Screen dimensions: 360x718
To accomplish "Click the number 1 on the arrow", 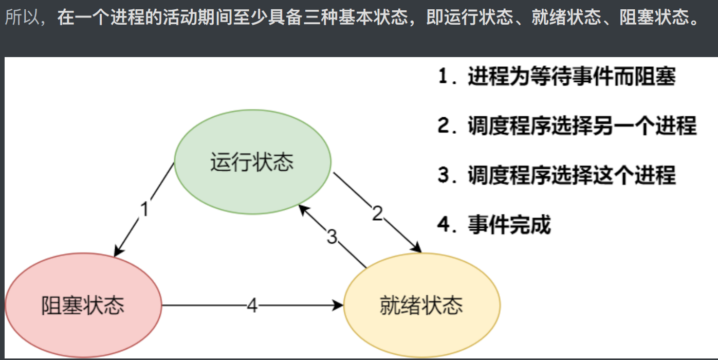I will pos(145,210).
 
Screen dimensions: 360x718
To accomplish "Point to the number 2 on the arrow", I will pos(378,213).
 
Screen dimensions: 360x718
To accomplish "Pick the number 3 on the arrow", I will pos(332,237).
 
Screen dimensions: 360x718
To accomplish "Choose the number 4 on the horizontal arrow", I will pos(252,305).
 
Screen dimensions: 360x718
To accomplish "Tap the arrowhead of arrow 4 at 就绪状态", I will pos(338,305).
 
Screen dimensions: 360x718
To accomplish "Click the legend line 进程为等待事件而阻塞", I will pos(571,78).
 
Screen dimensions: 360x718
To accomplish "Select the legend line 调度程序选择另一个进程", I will pos(582,126).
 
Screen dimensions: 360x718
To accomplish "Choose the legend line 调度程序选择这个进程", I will pos(571,175).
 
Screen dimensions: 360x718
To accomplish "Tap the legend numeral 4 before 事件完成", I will pos(444,225).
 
